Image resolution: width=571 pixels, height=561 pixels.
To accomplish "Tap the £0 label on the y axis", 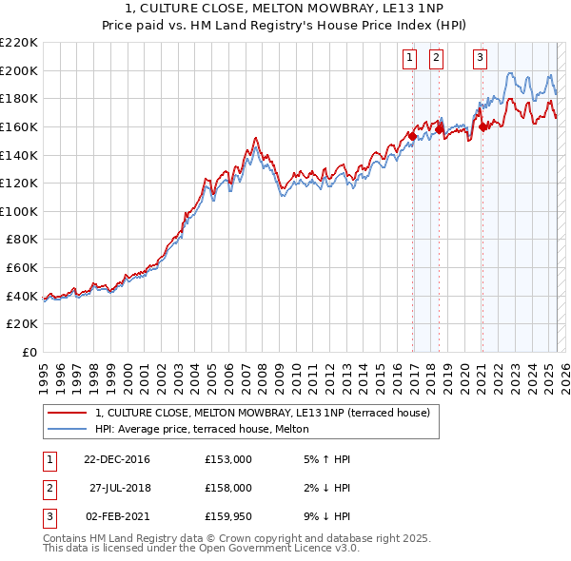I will pos(30,353).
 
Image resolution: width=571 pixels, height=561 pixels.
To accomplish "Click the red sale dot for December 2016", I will pos(412,136).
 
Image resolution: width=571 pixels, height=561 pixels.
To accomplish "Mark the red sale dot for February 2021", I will pos(482,126).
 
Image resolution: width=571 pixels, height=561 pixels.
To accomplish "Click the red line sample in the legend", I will pos(68,413).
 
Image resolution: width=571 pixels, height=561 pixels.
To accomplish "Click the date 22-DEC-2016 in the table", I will pos(116,459).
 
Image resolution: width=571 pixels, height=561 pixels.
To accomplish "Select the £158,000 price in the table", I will pos(227,488).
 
